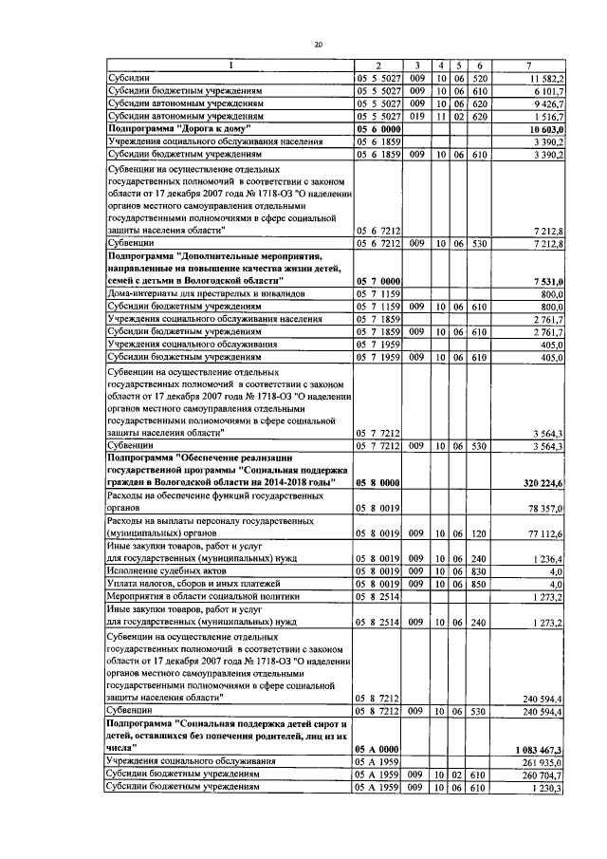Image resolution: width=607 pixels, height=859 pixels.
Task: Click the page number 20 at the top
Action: point(318,44)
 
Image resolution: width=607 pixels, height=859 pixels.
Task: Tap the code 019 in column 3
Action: point(417,114)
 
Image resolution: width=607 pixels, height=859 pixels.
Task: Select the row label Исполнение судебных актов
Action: point(167,572)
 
